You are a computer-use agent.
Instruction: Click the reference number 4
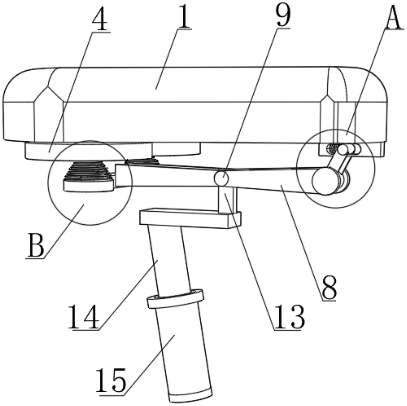point(100,19)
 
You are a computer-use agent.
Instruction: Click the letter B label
point(35,245)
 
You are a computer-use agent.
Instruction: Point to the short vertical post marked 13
point(228,199)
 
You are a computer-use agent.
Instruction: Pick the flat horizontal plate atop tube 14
point(190,217)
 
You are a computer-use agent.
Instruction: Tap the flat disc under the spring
point(89,186)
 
